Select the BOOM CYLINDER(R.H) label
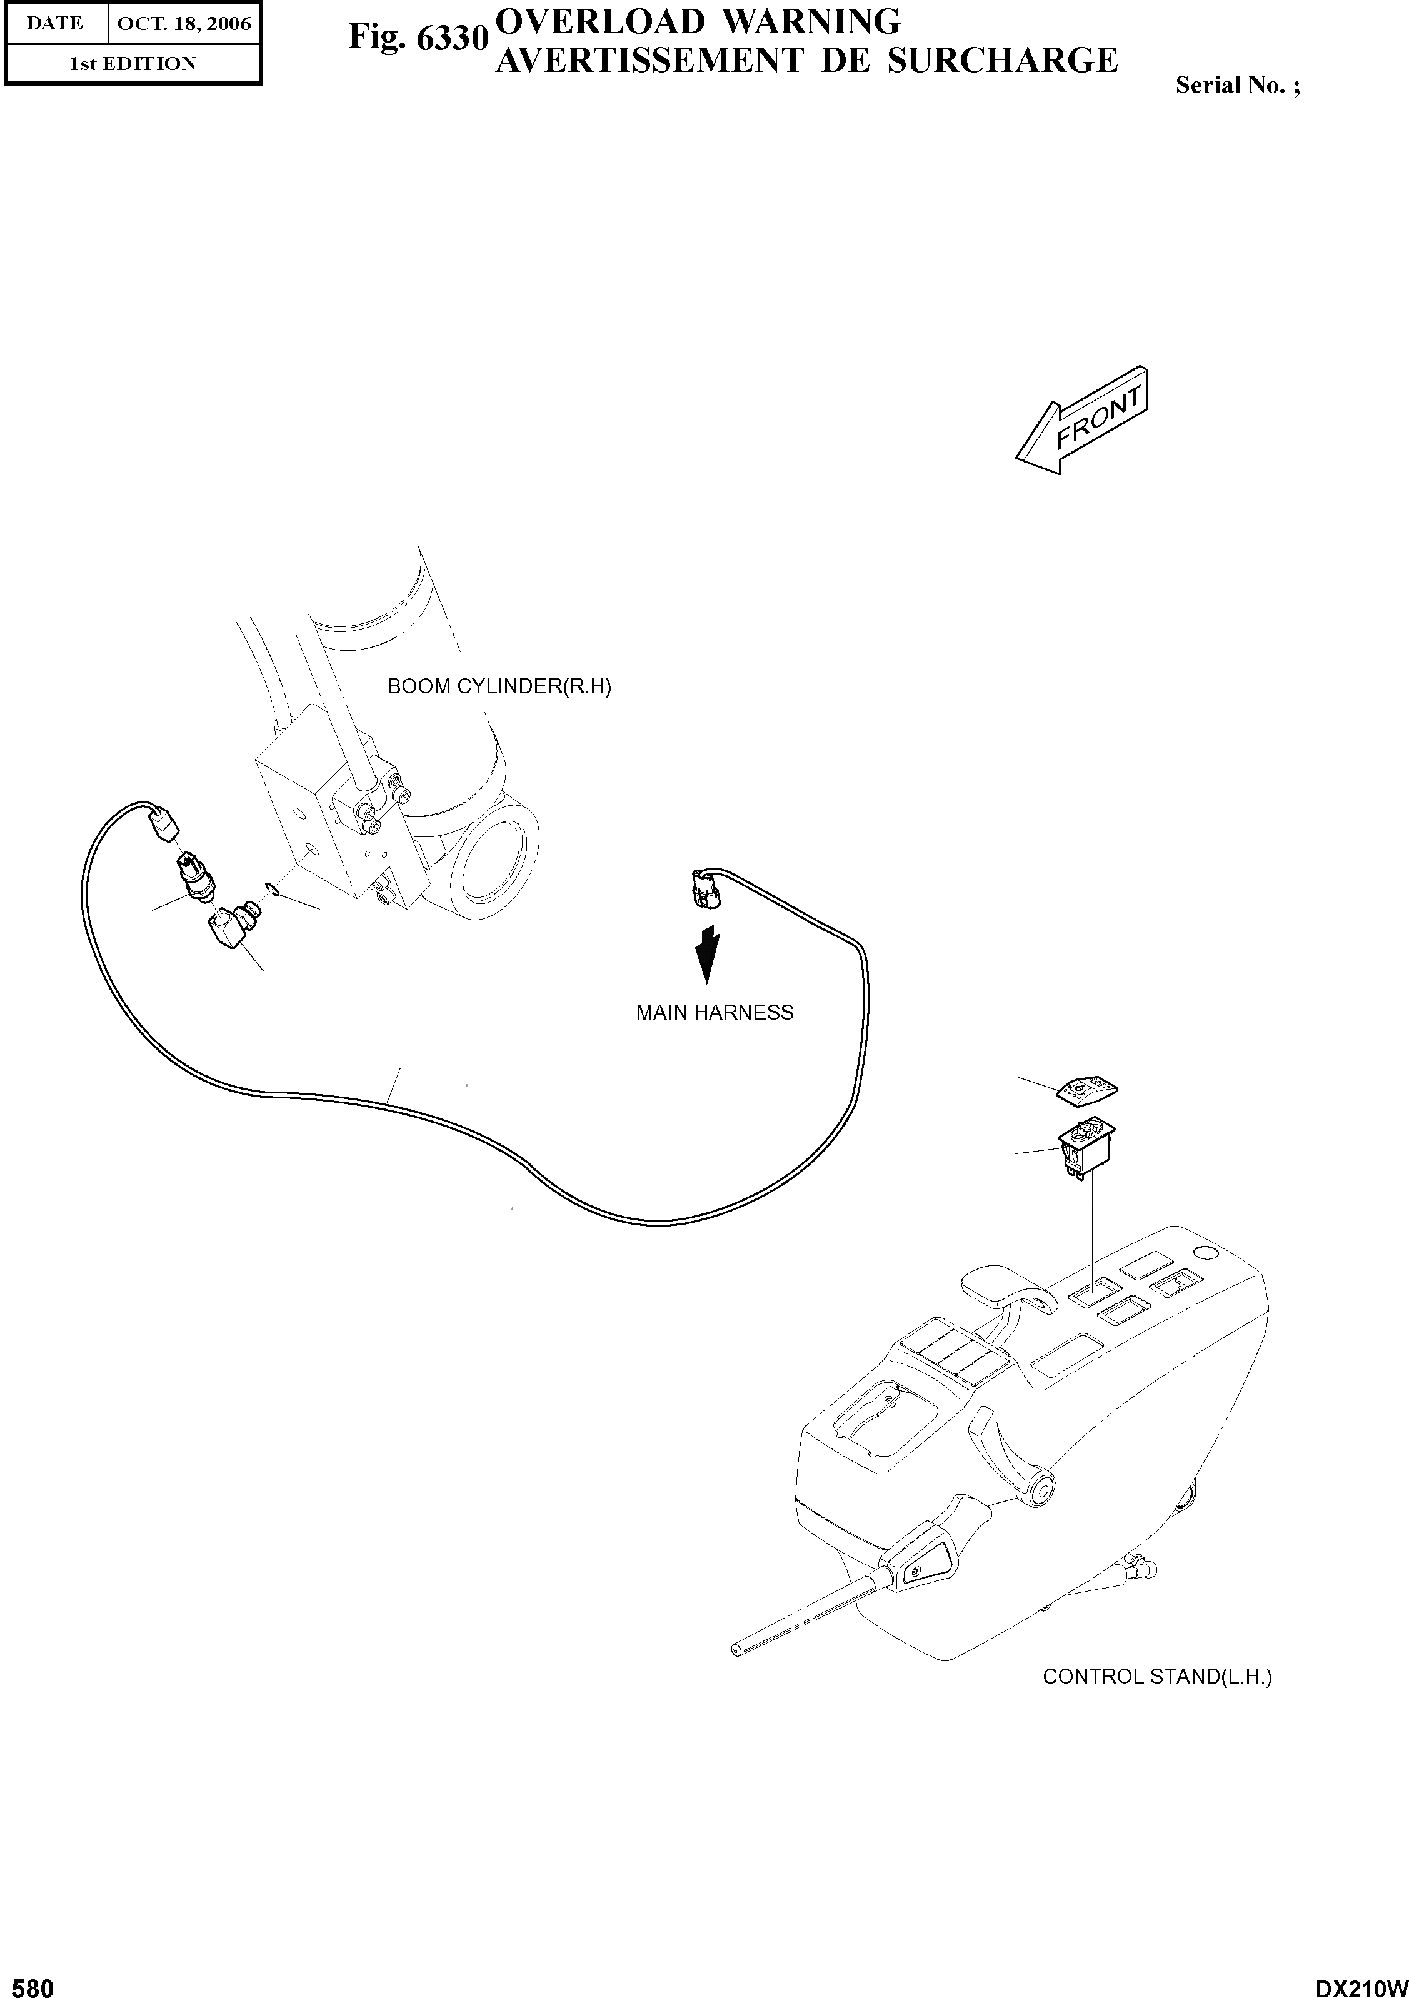coord(499,686)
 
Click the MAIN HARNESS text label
coord(715,1012)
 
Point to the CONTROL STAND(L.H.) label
coord(1156,1676)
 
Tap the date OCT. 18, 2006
coord(184,24)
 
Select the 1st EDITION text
coord(133,64)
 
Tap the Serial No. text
coord(1236,85)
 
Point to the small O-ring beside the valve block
coord(271,888)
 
